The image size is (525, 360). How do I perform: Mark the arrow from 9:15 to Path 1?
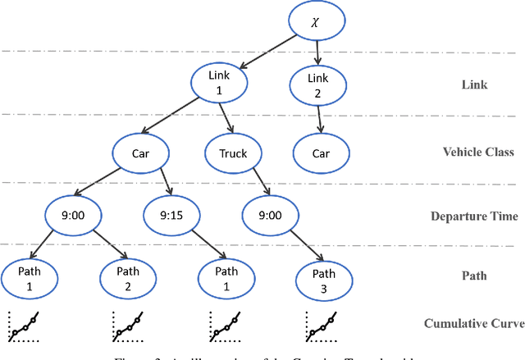(199, 246)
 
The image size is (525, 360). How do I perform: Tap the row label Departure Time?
(475, 217)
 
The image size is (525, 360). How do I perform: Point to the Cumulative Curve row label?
(473, 323)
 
